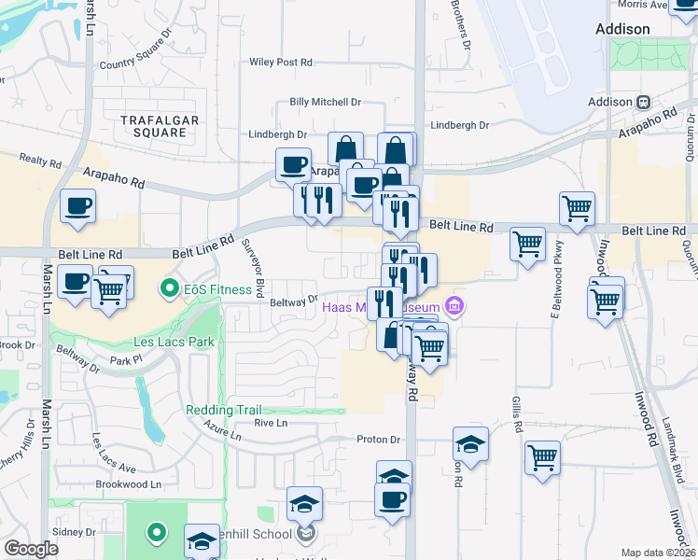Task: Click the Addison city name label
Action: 622,29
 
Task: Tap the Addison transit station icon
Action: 643,102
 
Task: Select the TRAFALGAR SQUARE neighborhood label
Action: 154,126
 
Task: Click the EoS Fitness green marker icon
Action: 170,288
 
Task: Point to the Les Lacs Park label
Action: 174,342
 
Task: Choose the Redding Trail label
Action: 224,410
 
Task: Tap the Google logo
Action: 31,549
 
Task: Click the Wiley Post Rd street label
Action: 279,63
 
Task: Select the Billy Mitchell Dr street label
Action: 325,102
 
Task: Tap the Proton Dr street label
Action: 378,440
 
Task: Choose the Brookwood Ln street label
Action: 129,484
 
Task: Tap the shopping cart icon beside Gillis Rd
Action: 542,457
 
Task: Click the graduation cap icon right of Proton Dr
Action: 470,444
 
